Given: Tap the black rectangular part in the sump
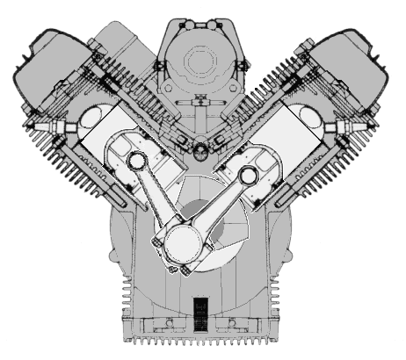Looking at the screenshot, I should click(x=199, y=313).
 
